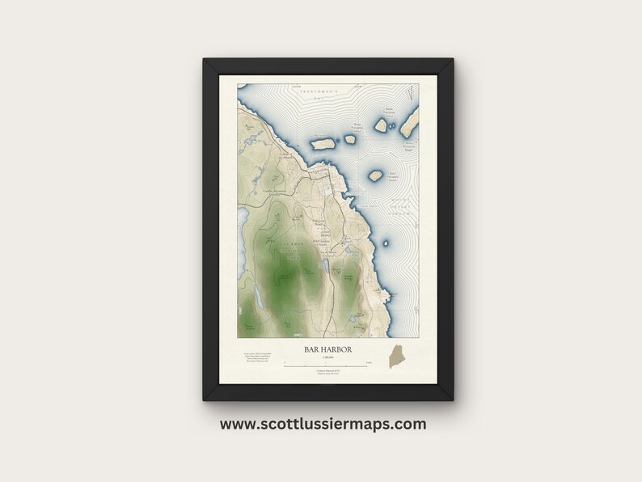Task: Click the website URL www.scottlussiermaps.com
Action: coord(321,423)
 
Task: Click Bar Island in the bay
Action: coord(323,145)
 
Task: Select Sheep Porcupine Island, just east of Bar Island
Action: coord(350,139)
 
